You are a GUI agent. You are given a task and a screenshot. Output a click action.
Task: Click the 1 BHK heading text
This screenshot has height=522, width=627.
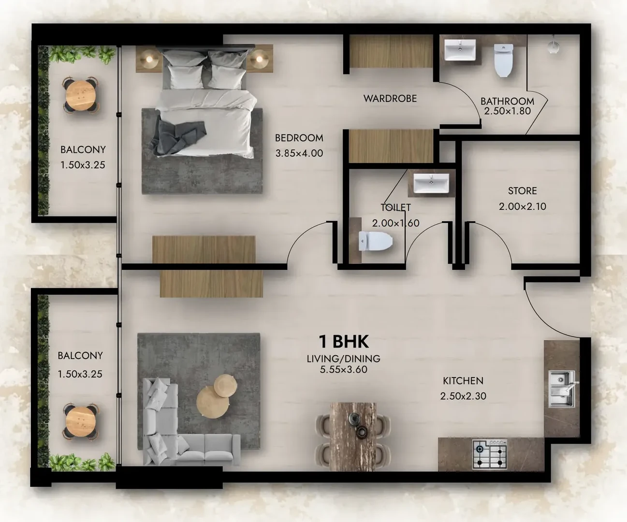click(344, 342)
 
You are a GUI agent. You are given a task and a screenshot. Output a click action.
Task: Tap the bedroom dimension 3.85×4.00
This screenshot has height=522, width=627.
click(299, 153)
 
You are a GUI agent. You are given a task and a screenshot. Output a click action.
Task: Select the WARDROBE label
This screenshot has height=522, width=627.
click(390, 99)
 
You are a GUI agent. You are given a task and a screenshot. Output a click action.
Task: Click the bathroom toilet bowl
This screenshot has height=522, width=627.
click(504, 60)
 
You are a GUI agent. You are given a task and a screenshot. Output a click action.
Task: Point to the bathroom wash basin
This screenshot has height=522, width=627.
click(460, 50)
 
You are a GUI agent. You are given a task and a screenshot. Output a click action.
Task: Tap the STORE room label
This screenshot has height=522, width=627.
click(523, 191)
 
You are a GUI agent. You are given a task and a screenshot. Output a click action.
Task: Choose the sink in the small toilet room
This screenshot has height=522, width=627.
click(431, 183)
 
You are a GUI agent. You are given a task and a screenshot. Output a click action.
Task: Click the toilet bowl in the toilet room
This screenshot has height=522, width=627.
click(376, 241)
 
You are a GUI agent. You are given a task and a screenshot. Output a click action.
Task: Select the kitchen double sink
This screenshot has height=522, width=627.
click(562, 389)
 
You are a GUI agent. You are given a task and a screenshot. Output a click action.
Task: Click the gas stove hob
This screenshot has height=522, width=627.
click(490, 454)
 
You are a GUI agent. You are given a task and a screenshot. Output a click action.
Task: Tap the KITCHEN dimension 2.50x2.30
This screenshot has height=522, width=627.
click(463, 396)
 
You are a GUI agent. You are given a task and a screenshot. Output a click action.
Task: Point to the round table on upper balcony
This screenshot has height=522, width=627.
click(81, 95)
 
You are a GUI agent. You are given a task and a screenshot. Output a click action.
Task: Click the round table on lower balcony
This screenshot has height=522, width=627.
click(81, 422)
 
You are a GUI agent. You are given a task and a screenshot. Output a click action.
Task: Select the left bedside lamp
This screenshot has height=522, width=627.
click(148, 59)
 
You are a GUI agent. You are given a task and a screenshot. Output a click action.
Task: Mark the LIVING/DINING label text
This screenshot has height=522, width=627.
click(344, 359)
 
